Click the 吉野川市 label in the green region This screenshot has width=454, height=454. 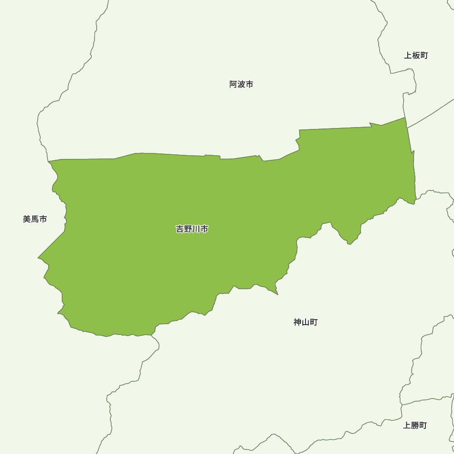pyautogui.click(x=192, y=229)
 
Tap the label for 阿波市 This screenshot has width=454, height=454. pyautogui.click(x=241, y=84)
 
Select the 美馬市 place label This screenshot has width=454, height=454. pyautogui.click(x=35, y=219)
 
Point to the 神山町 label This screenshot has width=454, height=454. pyautogui.click(x=306, y=322)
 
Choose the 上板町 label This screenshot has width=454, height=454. pyautogui.click(x=416, y=56)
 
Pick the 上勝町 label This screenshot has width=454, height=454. pyautogui.click(x=415, y=426)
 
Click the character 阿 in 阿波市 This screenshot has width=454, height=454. pyautogui.click(x=233, y=84)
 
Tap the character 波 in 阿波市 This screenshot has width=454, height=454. pyautogui.click(x=241, y=84)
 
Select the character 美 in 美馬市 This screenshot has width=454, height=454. pyautogui.click(x=27, y=219)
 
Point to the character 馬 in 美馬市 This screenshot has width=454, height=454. pyautogui.click(x=35, y=219)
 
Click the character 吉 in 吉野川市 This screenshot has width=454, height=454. pyautogui.click(x=180, y=229)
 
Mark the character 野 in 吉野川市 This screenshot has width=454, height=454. pyautogui.click(x=188, y=229)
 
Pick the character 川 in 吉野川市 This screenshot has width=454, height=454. pyautogui.click(x=196, y=229)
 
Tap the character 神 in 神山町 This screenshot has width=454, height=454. pyautogui.click(x=297, y=322)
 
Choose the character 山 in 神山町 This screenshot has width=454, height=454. pyautogui.click(x=306, y=322)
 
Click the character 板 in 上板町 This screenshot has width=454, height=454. pyautogui.click(x=416, y=56)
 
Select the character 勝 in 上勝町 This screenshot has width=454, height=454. pyautogui.click(x=415, y=426)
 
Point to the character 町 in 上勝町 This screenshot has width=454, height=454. pyautogui.click(x=423, y=426)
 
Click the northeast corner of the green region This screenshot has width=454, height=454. pyautogui.click(x=405, y=118)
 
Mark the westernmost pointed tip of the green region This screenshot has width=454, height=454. pyautogui.click(x=38, y=258)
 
